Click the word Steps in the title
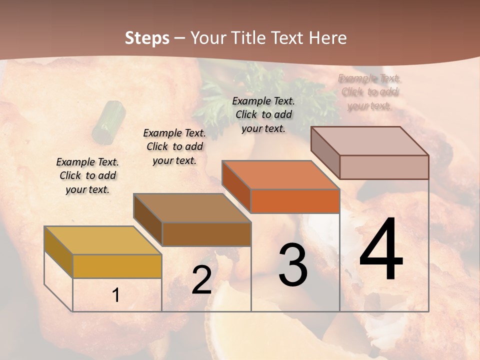(x=147, y=38)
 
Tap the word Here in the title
(x=327, y=38)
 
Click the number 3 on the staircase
(x=293, y=264)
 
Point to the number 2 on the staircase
(x=201, y=280)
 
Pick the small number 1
(x=116, y=295)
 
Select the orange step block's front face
(x=295, y=201)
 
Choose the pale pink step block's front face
(x=384, y=167)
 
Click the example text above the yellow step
(x=87, y=175)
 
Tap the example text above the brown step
(x=174, y=146)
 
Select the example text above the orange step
(x=263, y=114)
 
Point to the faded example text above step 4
(x=369, y=92)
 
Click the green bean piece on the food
(x=109, y=121)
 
